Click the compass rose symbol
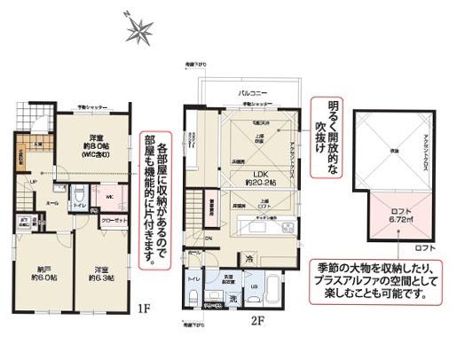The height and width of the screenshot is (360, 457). pyautogui.click(x=139, y=32)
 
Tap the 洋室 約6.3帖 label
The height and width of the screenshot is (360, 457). pyautogui.click(x=99, y=274)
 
